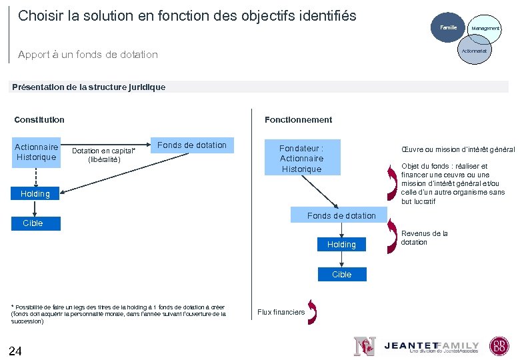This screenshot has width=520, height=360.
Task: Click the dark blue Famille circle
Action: click(x=446, y=28)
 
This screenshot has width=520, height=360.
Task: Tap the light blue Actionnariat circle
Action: click(x=474, y=51)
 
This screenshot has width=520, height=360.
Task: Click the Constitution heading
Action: click(x=39, y=120)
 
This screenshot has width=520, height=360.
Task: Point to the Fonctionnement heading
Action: click(x=298, y=120)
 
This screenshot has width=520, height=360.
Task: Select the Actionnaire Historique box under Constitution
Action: click(x=37, y=152)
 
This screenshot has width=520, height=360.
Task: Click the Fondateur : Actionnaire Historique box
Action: click(x=301, y=158)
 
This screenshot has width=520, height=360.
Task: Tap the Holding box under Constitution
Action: click(x=35, y=193)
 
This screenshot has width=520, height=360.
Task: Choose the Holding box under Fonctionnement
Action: click(x=341, y=245)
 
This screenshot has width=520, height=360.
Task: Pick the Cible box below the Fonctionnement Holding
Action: click(x=341, y=274)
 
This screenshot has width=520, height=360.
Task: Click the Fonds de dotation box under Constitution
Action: click(x=192, y=145)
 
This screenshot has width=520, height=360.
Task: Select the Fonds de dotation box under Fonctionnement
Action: click(x=341, y=215)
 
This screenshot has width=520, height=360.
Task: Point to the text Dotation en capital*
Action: click(x=103, y=151)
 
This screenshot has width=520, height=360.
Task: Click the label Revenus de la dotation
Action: click(x=424, y=238)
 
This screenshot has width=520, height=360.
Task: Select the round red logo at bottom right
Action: click(x=499, y=345)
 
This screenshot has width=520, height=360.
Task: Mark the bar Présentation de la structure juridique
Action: click(x=260, y=87)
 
